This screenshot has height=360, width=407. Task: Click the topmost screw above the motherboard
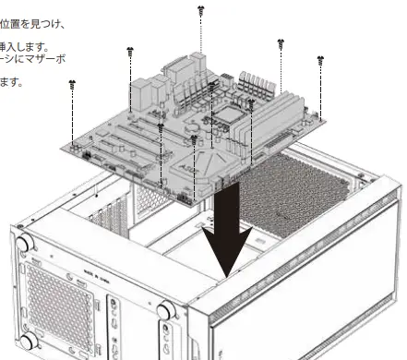click(201, 10)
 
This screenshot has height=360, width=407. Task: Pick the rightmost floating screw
click(320, 61)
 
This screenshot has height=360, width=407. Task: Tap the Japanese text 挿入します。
click(27, 45)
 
